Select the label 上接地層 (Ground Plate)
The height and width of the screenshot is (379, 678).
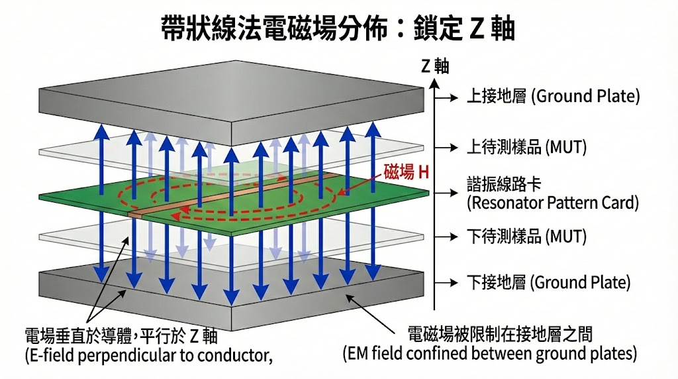553,97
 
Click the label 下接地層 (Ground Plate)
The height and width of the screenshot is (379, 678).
549,283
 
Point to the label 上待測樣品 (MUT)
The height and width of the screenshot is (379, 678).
527,147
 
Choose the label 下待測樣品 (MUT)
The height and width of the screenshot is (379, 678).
527,237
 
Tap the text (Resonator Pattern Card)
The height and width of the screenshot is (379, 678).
553,203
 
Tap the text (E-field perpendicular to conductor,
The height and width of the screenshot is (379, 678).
149,355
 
